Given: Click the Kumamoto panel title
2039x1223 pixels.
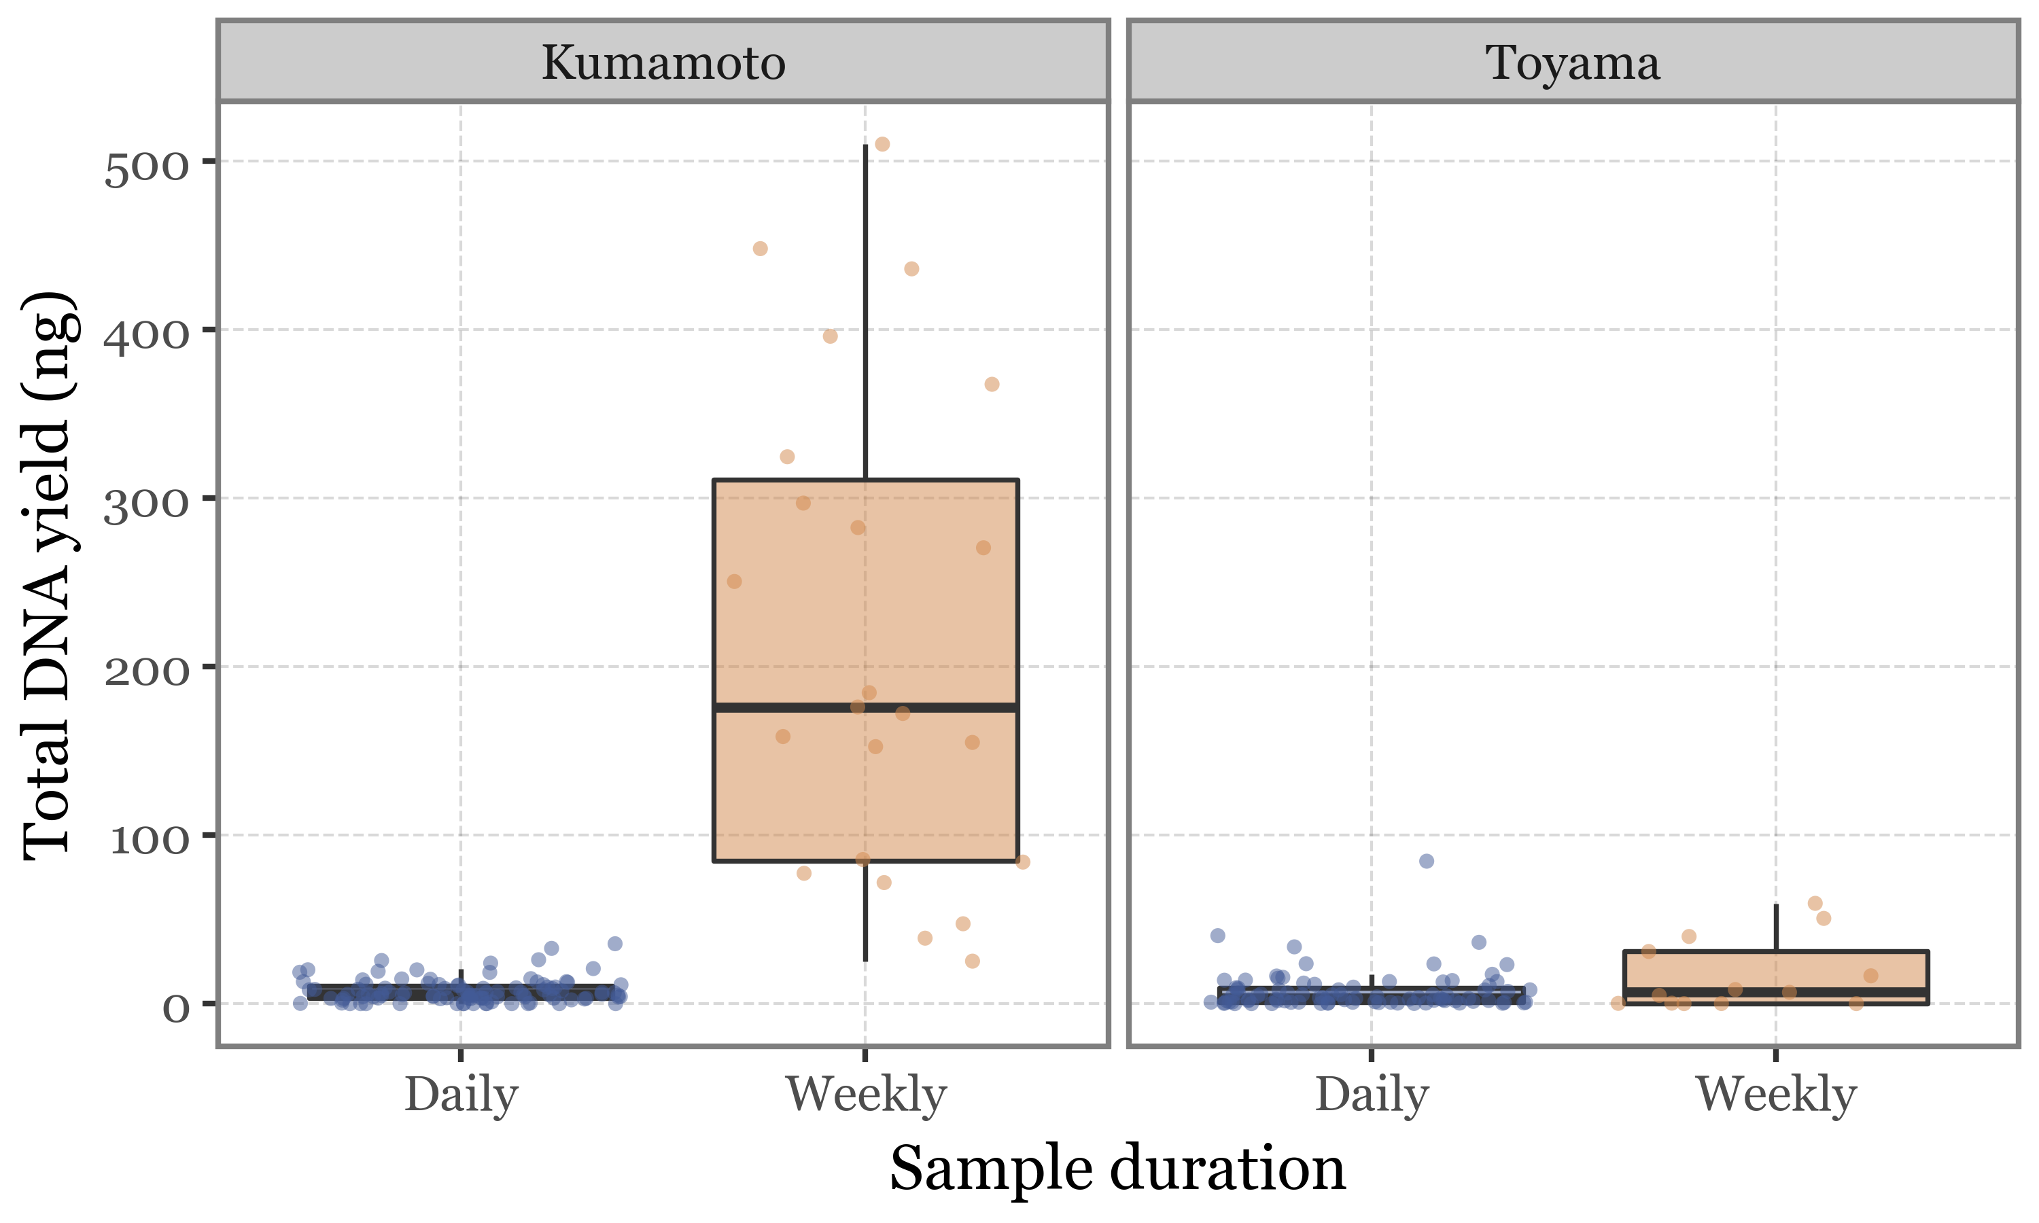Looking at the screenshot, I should [663, 63].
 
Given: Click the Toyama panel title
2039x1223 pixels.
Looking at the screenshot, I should [1573, 63].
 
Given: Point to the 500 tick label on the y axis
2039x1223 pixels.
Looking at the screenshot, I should [147, 169].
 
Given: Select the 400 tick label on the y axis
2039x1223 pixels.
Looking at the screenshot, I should [147, 337].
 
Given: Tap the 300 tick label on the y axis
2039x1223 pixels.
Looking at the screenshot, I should [147, 506].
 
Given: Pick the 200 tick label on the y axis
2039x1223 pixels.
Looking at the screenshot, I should [147, 673].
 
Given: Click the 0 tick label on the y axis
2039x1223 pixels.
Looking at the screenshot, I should [175, 1010].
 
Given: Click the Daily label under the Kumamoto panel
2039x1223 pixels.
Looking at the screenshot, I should [461, 1096].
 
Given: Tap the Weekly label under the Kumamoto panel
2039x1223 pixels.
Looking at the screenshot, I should [865, 1096].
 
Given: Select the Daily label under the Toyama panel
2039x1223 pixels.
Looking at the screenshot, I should [1372, 1096].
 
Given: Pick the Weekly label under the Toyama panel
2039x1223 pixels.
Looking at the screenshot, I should [1776, 1096].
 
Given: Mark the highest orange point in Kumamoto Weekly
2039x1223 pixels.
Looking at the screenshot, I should [882, 144].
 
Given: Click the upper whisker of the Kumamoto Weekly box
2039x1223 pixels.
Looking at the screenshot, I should [865, 313].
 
